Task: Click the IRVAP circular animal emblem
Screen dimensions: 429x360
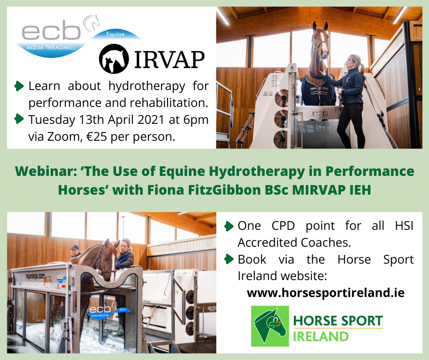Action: coord(114,58)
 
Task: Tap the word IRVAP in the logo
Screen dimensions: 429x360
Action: coord(169,59)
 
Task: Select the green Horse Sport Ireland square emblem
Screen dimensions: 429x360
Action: coord(270,326)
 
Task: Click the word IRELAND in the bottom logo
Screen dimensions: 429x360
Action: coord(321,337)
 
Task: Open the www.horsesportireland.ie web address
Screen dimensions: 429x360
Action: coord(325,292)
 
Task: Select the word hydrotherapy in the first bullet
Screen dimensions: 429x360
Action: coord(146,86)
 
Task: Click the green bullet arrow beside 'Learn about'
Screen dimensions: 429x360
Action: coord(19,86)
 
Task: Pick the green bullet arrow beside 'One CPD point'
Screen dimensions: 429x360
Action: coord(229,226)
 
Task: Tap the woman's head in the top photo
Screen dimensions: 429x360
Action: coord(354,63)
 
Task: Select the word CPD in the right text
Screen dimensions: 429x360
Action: coord(283,226)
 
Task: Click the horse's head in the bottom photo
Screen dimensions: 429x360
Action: coord(108,259)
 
